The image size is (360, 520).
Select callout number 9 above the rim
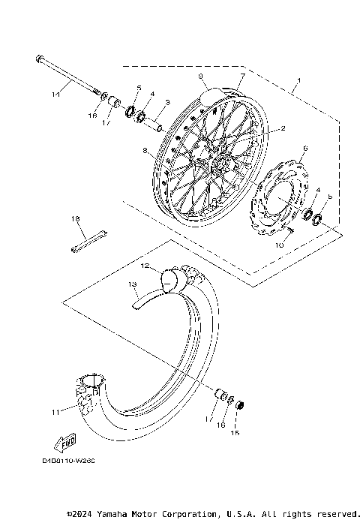click(x=201, y=76)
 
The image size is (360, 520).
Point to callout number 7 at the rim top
click(x=242, y=77)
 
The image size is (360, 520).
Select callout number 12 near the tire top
click(x=145, y=266)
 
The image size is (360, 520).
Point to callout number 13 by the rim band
click(x=132, y=284)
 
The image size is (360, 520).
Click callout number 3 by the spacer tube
click(x=166, y=102)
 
